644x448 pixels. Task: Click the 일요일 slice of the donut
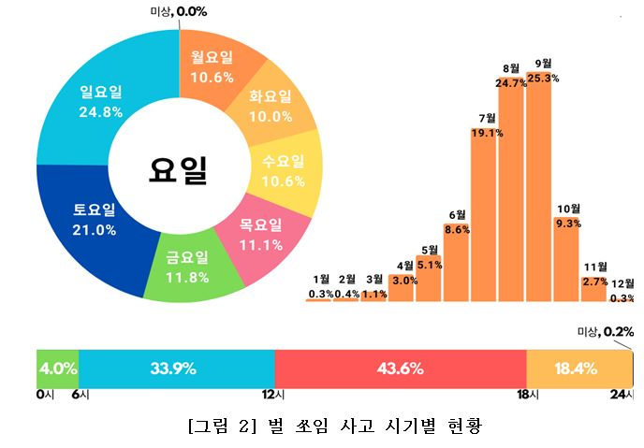pyautogui.click(x=102, y=102)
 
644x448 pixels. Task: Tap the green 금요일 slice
pyautogui.click(x=186, y=267)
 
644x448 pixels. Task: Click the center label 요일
pyautogui.click(x=178, y=169)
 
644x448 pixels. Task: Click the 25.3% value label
pyautogui.click(x=542, y=79)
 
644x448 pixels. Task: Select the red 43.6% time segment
pyautogui.click(x=401, y=369)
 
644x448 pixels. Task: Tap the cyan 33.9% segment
pyautogui.click(x=176, y=369)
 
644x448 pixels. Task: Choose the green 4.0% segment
pyautogui.click(x=57, y=369)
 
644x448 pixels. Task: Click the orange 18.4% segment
pyautogui.click(x=579, y=369)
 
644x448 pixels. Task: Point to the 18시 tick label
pyautogui.click(x=527, y=395)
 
